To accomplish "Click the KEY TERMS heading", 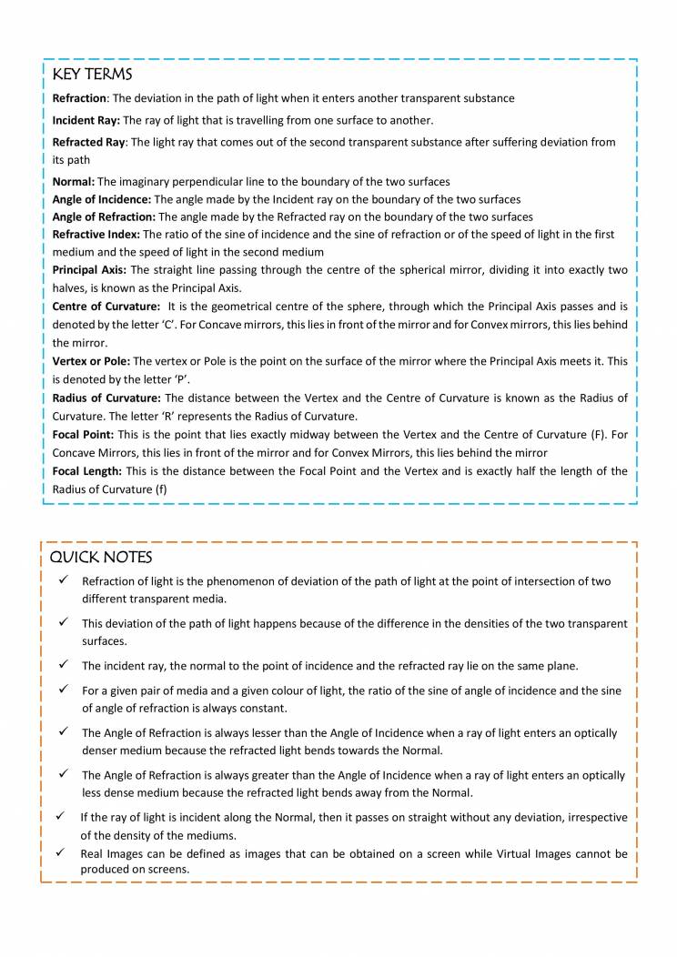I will (92, 74).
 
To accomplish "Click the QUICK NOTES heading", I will (101, 557).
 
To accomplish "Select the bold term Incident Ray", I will (86, 120).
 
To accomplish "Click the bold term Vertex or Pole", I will (91, 361).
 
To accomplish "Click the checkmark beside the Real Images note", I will (59, 852).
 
